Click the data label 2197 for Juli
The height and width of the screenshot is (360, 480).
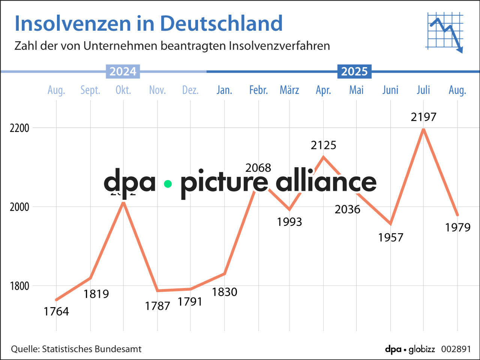tap(423, 117)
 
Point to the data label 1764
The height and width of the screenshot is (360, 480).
tap(56, 311)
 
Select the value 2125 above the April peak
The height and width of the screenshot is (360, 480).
tap(323, 145)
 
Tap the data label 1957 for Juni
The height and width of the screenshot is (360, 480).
tap(390, 237)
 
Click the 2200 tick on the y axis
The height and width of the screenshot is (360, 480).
tap(19, 128)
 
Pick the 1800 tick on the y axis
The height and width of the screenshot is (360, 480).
tap(19, 286)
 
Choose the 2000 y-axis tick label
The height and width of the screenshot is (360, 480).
tap(19, 207)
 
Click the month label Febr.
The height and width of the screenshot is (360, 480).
tap(258, 90)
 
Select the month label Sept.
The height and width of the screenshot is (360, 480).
tap(90, 90)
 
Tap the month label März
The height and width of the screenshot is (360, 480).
tap(289, 90)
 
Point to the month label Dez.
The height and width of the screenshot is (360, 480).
tap(190, 90)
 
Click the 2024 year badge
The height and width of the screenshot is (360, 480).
tap(123, 71)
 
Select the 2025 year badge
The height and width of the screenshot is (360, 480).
tap(354, 71)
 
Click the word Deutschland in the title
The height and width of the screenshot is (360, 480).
tap(221, 23)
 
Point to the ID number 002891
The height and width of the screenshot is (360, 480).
tap(456, 349)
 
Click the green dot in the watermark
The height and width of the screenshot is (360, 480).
tap(168, 184)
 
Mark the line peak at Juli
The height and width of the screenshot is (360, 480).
tap(423, 129)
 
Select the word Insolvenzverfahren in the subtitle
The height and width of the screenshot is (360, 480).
tap(279, 46)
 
